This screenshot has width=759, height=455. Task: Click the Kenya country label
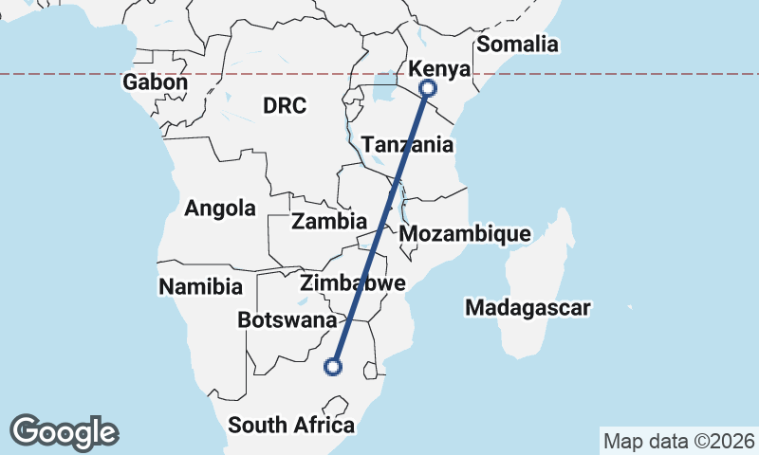(438, 68)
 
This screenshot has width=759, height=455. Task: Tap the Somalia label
(517, 44)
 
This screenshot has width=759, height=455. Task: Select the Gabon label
(155, 82)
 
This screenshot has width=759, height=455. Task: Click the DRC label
(285, 105)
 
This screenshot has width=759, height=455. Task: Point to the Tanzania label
(407, 145)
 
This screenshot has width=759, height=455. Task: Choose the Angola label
(220, 209)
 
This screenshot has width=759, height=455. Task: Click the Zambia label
(329, 222)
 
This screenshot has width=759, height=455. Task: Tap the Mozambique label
(465, 233)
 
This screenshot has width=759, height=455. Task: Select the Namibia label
(201, 285)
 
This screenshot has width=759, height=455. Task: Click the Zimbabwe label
(352, 282)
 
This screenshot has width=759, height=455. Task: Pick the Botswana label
(287, 320)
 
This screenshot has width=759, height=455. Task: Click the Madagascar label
(528, 307)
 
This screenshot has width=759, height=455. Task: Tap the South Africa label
(291, 425)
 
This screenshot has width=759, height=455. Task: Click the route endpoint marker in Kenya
(428, 88)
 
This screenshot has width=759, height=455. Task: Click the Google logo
(64, 432)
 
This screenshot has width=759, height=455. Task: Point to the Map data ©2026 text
(678, 441)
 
